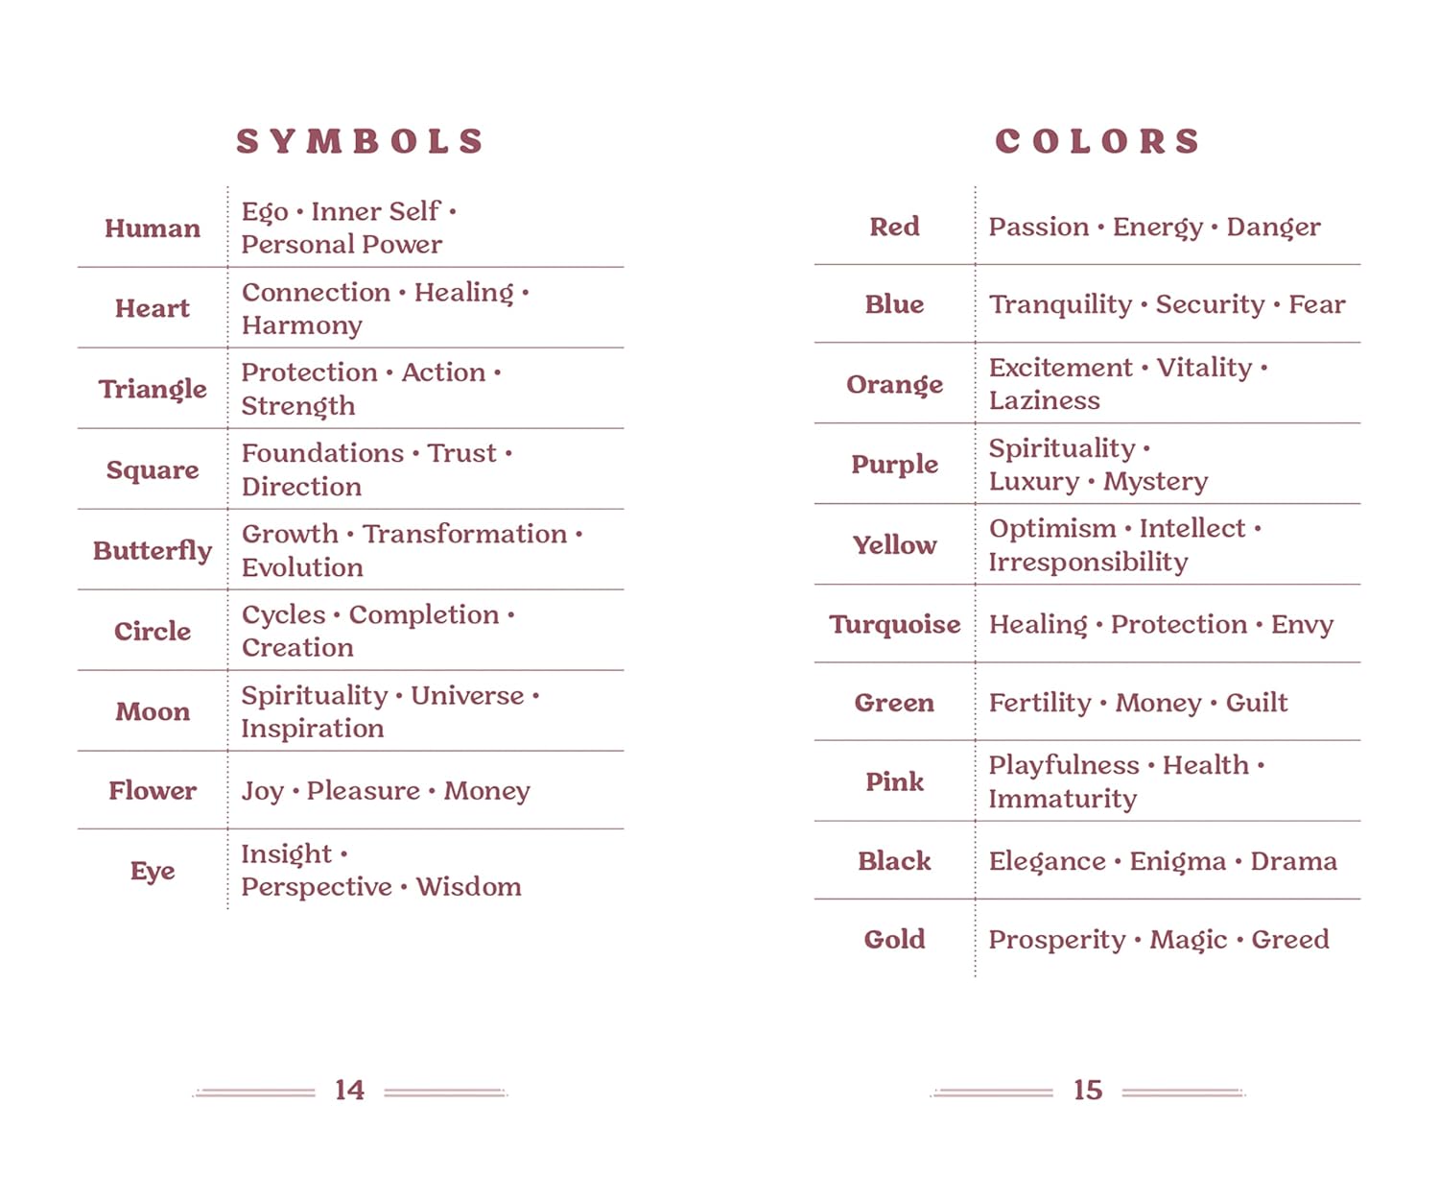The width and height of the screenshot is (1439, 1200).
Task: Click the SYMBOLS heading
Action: [360, 141]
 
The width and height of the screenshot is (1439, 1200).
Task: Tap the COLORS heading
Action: [1097, 141]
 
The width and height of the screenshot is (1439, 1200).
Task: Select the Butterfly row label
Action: [153, 550]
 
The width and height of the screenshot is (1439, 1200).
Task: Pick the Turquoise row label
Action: [894, 624]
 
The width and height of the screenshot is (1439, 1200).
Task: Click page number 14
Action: [349, 1090]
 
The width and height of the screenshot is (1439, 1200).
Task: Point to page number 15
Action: [1088, 1090]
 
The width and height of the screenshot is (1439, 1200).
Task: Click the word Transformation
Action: [464, 534]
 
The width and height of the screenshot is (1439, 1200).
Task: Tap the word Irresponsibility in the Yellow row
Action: [1088, 562]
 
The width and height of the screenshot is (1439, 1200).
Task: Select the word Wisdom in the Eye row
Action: [468, 886]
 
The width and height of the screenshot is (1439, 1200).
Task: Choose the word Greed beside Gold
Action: [1290, 939]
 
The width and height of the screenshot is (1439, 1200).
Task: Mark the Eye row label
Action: [153, 871]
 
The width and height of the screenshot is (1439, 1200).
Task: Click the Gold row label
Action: [894, 939]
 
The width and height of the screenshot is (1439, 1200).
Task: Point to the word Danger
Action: [1273, 228]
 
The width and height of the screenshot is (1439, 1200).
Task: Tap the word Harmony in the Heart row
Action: [301, 325]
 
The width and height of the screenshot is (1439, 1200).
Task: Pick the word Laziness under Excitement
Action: [1044, 400]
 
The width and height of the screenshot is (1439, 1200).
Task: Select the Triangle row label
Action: [153, 389]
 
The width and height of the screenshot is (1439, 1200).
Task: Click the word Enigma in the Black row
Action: [1177, 861]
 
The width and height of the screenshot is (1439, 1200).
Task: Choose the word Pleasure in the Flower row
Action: [363, 791]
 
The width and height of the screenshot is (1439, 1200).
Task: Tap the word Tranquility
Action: [1060, 304]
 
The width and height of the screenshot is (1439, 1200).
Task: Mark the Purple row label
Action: [894, 464]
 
